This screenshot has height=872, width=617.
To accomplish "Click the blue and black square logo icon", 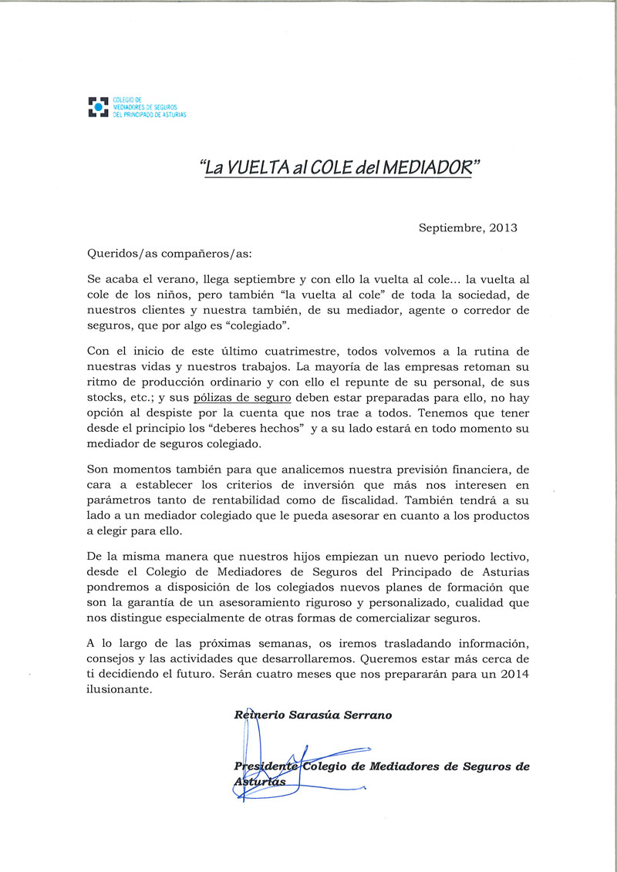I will click(x=98, y=106).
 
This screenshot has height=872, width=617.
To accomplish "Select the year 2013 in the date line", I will click(x=502, y=227).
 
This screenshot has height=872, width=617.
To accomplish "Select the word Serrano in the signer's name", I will click(x=366, y=715).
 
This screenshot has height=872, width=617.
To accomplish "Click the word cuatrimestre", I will click(x=300, y=352).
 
